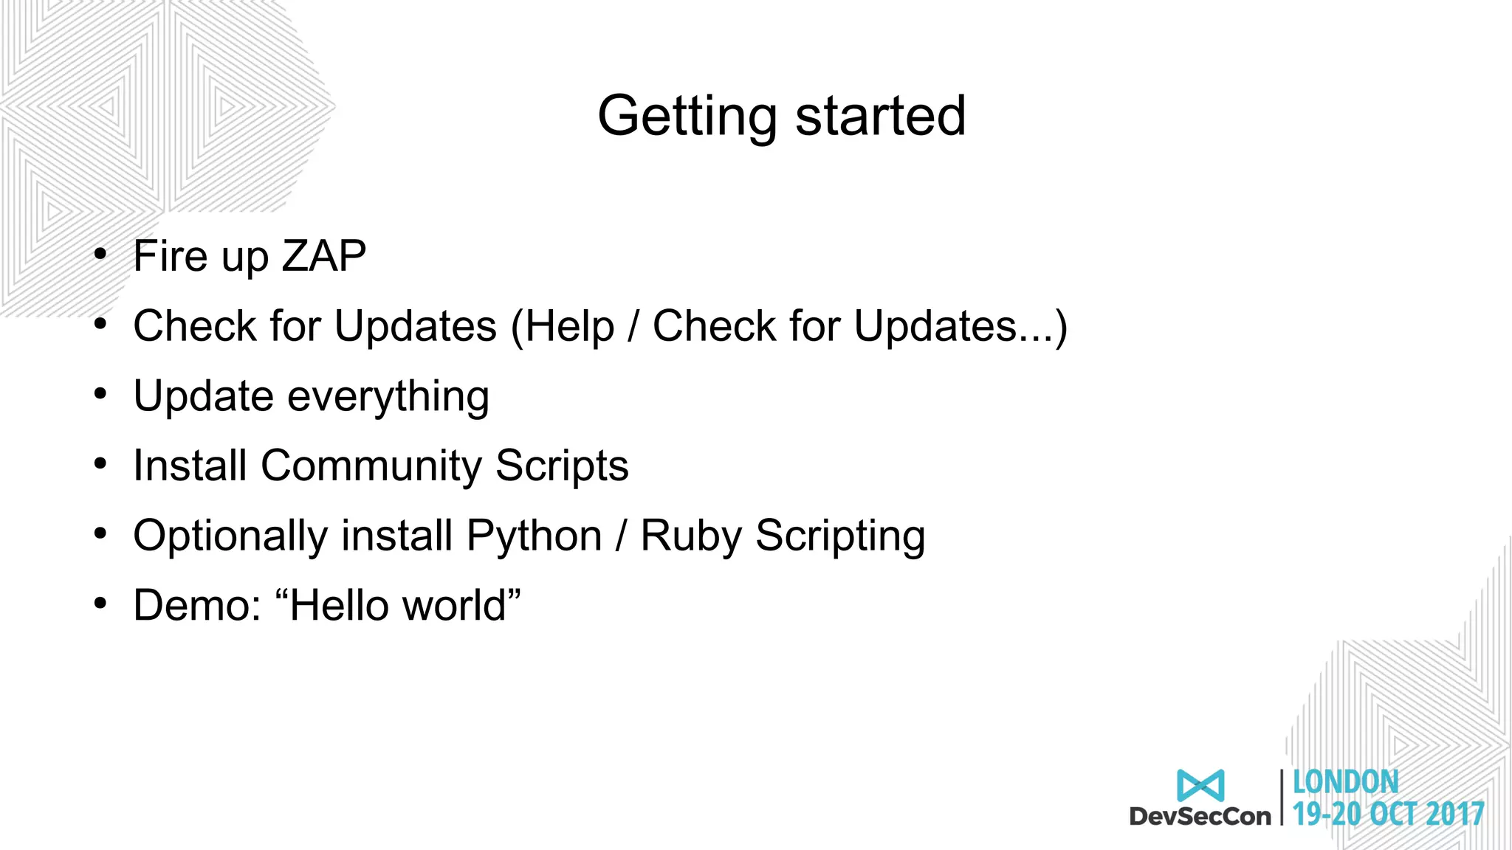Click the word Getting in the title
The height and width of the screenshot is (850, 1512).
687,117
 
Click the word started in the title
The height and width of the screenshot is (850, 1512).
880,117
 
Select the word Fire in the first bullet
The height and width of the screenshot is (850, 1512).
170,256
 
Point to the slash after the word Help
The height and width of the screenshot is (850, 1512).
633,327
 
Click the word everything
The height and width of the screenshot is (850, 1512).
388,397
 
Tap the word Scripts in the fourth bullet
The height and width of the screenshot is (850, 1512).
562,466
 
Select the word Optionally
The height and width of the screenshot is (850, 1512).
230,536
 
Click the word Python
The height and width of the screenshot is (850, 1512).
534,536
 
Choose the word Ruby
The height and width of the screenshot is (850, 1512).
690,536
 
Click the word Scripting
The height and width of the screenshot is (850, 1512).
840,536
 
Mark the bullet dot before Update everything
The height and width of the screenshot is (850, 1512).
100,394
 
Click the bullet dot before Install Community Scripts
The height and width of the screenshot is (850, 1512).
100,464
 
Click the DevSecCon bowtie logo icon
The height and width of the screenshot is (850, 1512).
1200,786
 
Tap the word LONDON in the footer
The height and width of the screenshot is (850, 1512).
1345,783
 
